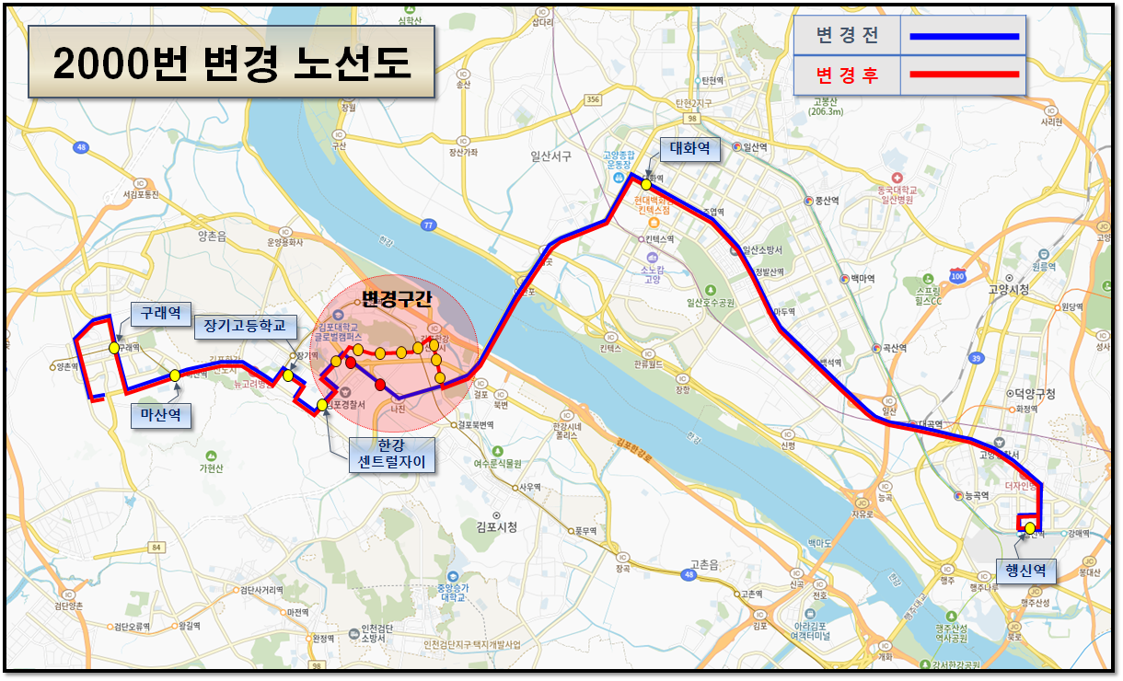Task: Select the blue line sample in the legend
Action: tap(964, 37)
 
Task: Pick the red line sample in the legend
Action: tap(964, 74)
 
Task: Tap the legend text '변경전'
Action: tap(847, 37)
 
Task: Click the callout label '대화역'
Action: tap(689, 147)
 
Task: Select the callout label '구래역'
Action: tap(158, 313)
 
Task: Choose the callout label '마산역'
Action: tap(159, 415)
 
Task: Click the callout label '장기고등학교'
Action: tap(246, 326)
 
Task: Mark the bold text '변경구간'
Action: tap(396, 299)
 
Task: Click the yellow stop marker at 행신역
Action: tap(1029, 528)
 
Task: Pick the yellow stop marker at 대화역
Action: tap(647, 185)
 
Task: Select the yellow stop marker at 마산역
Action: tap(175, 375)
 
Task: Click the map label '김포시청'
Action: tap(497, 527)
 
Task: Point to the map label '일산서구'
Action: tap(550, 156)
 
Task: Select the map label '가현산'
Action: tap(212, 467)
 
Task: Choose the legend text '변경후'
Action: tap(847, 75)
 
